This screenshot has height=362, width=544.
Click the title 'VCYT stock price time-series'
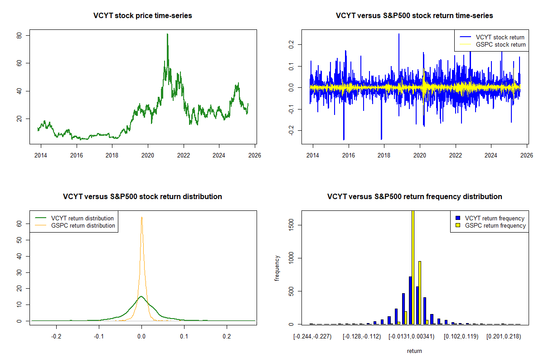(x=142, y=16)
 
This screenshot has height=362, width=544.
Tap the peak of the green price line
(x=167, y=34)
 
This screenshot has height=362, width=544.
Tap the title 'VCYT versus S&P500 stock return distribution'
(x=142, y=197)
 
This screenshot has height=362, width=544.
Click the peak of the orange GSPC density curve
(x=141, y=217)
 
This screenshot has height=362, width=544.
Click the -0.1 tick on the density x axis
(x=99, y=336)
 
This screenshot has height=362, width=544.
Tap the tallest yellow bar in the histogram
(x=413, y=267)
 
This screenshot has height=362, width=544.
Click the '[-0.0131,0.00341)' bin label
(x=412, y=336)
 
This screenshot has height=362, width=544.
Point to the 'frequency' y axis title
(x=277, y=267)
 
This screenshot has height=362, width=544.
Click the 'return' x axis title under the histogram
(x=414, y=351)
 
